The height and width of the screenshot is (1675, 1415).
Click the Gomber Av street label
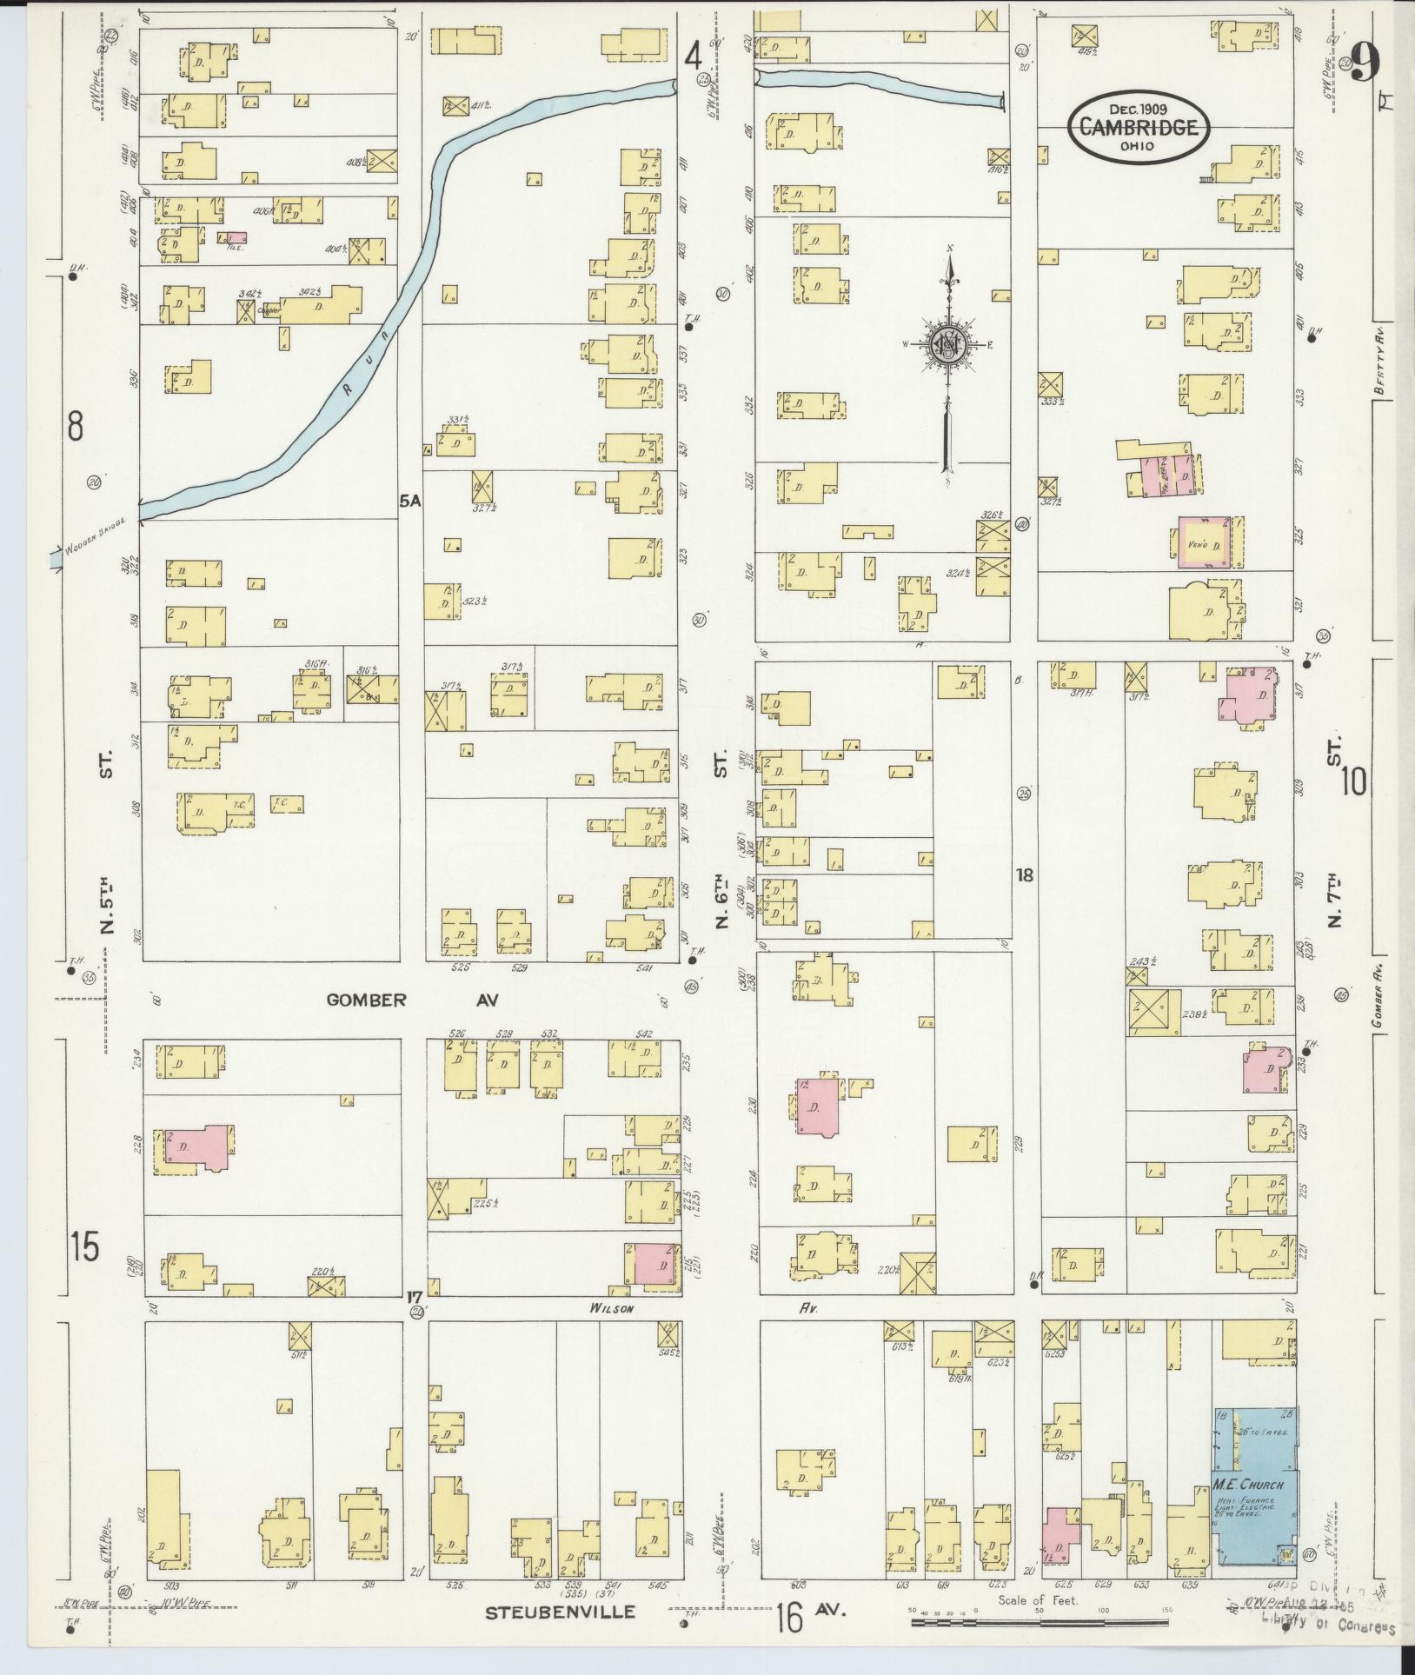(x=412, y=1000)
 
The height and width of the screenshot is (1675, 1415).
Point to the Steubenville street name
(x=560, y=1612)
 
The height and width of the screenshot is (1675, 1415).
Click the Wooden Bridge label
(x=96, y=535)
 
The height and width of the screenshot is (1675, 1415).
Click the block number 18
(x=1025, y=875)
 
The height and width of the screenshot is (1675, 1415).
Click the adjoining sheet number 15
(x=85, y=1247)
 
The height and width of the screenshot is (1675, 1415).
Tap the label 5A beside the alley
(x=409, y=501)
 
